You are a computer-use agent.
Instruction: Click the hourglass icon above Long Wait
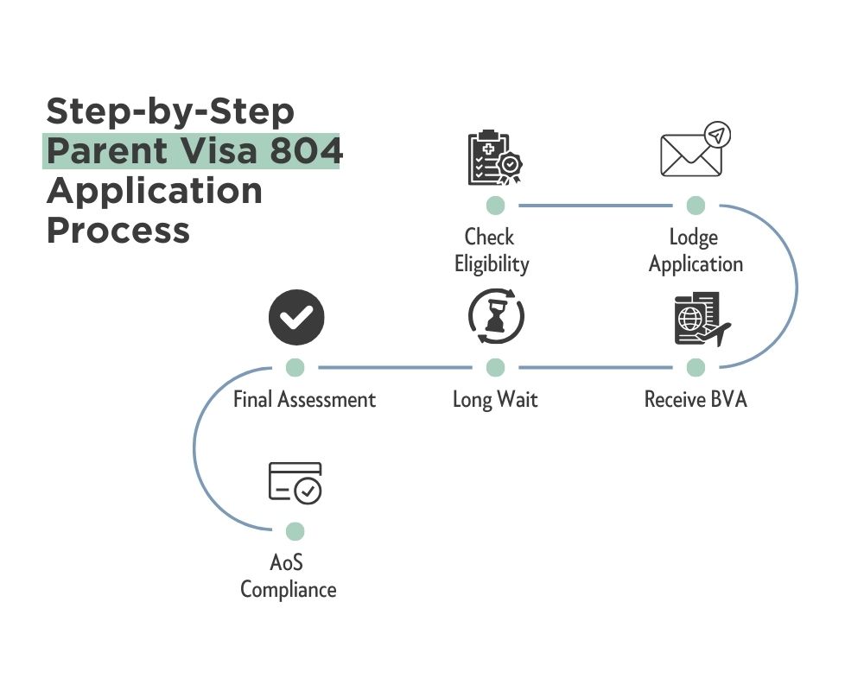(x=496, y=317)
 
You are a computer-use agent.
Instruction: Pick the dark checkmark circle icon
(x=295, y=317)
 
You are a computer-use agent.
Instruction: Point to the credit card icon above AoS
(x=295, y=483)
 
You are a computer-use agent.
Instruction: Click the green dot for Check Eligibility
(x=495, y=206)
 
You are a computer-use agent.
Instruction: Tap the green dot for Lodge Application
(x=696, y=206)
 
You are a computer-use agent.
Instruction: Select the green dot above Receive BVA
(x=696, y=368)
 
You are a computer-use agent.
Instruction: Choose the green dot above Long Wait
(x=495, y=368)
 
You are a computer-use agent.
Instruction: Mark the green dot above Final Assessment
(x=295, y=368)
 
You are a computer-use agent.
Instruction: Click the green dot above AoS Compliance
(x=295, y=530)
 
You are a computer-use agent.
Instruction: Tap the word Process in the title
(x=118, y=230)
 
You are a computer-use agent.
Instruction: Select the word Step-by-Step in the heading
(x=169, y=111)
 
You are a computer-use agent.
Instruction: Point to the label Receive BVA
(x=696, y=400)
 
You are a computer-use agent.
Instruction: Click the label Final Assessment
(x=304, y=400)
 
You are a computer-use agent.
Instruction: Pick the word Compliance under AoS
(x=288, y=590)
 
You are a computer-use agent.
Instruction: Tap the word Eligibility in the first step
(x=492, y=263)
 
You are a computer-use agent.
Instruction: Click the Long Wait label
(x=495, y=400)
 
